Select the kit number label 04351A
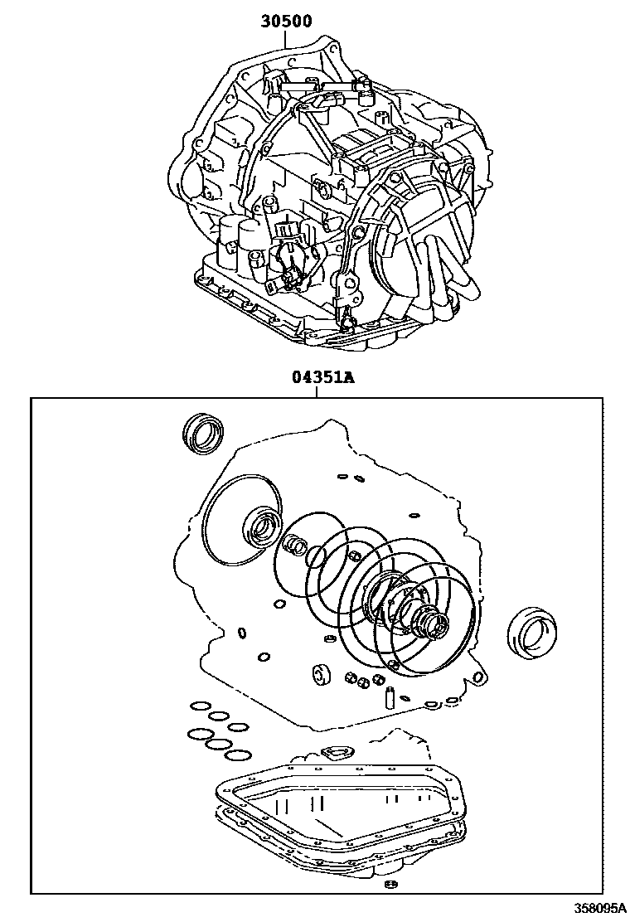click(x=322, y=378)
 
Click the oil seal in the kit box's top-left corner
click(x=202, y=434)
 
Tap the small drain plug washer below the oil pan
click(x=391, y=887)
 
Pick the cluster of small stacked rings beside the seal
click(x=296, y=545)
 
